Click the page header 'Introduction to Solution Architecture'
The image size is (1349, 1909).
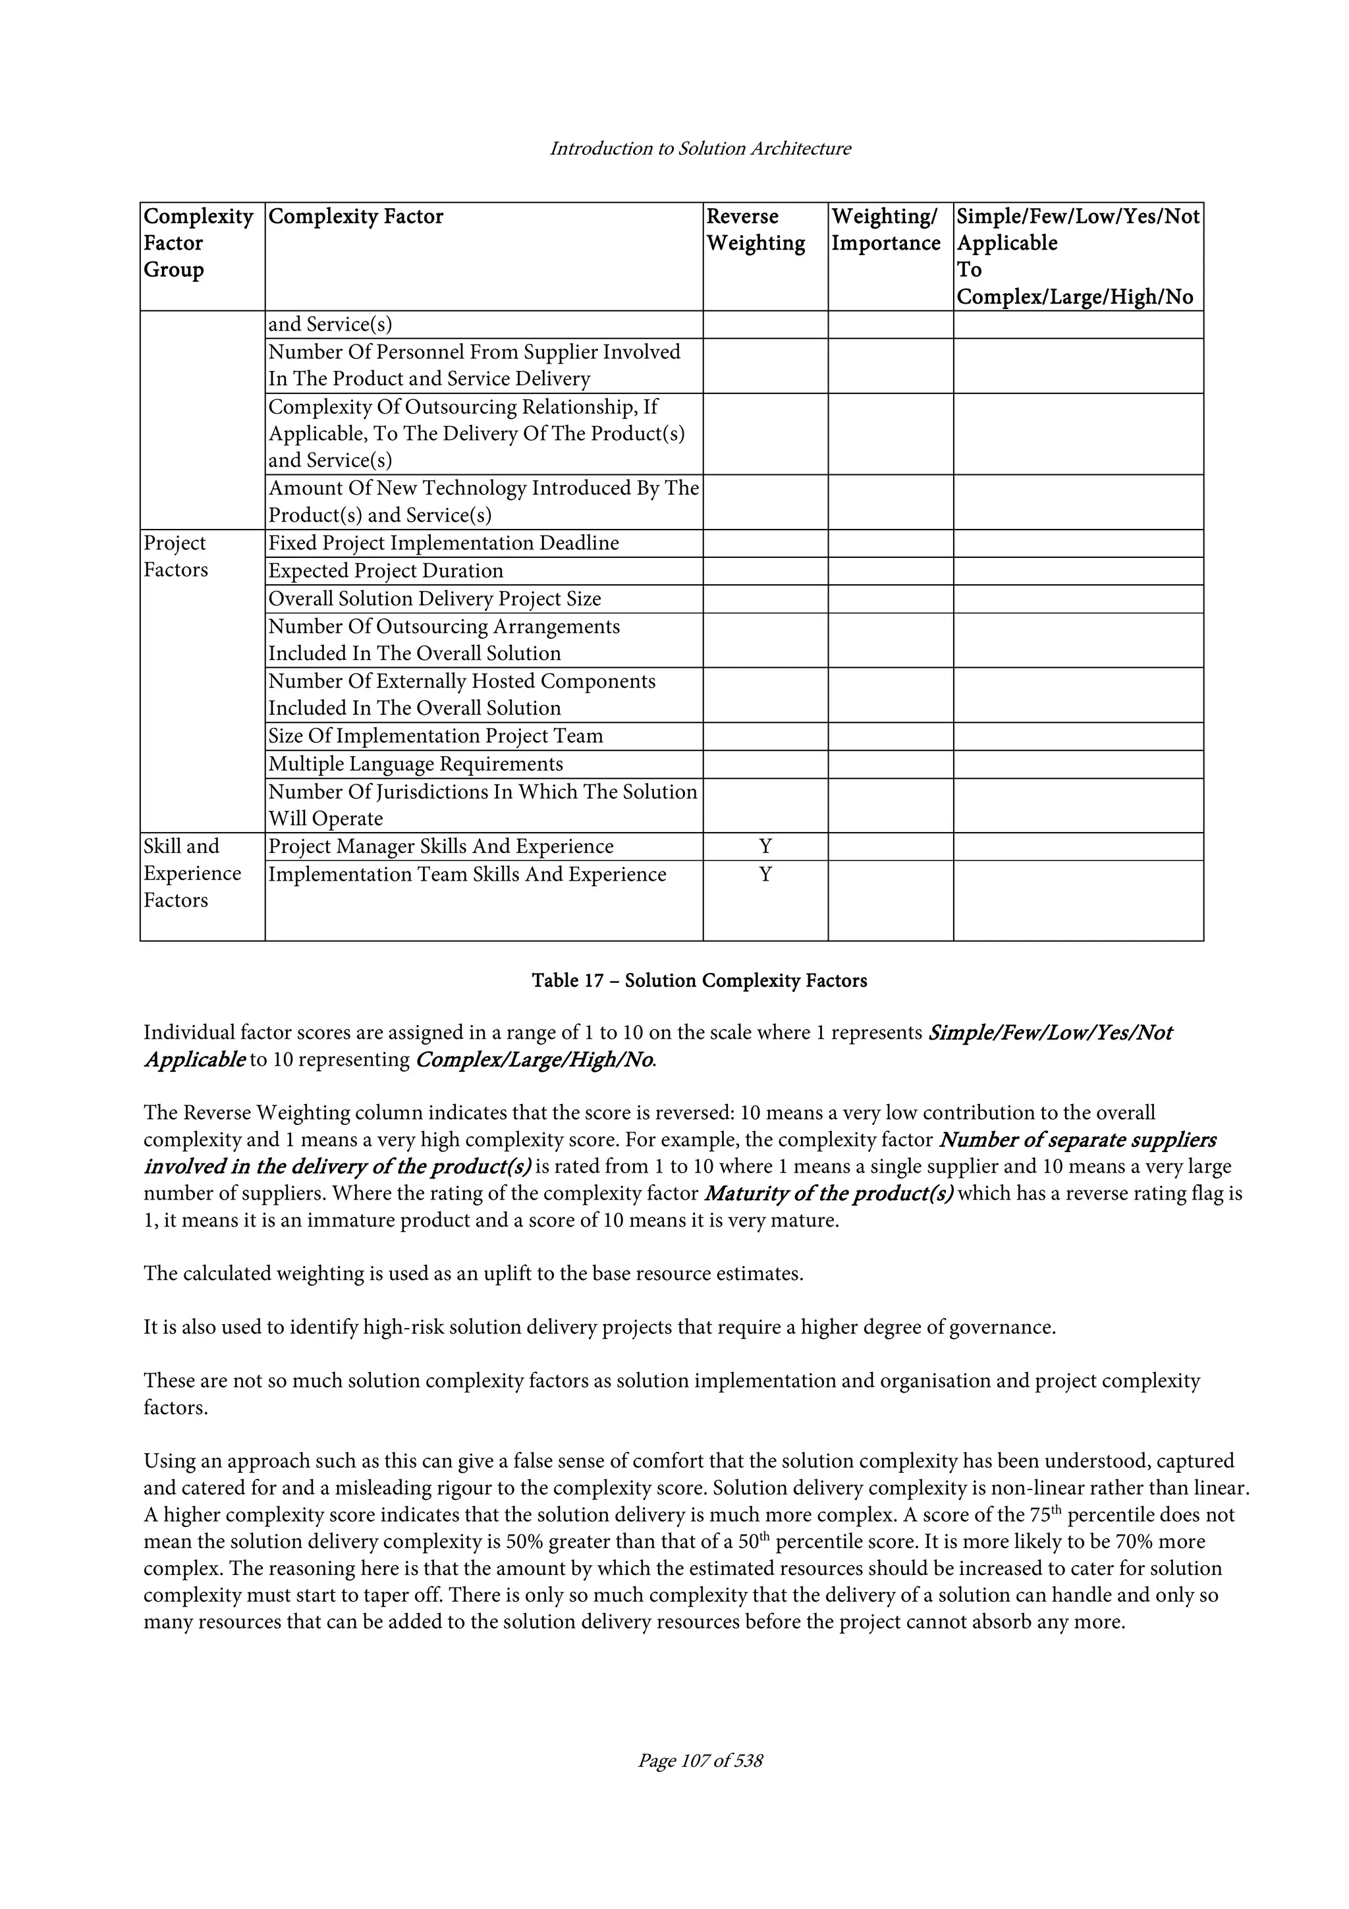[700, 149]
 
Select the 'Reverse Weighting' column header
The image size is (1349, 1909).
[755, 231]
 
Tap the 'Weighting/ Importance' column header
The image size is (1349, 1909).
[885, 231]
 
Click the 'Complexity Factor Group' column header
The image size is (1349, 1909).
[198, 243]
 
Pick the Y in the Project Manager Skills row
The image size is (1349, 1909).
[765, 846]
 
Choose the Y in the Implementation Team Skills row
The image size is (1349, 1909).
[765, 875]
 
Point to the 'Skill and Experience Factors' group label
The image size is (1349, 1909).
[192, 873]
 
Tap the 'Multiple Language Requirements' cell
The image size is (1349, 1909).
[415, 764]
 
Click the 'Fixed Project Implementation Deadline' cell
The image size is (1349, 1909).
[443, 543]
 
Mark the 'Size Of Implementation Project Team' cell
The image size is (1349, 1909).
[435, 736]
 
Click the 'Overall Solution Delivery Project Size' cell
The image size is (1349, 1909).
[434, 599]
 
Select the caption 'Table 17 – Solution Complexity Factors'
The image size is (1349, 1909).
[699, 981]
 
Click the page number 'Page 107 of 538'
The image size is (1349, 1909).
[700, 1760]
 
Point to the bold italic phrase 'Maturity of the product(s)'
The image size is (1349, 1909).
[829, 1194]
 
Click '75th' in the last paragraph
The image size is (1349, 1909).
[1080, 1515]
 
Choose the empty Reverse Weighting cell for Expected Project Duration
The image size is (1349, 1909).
[765, 571]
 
